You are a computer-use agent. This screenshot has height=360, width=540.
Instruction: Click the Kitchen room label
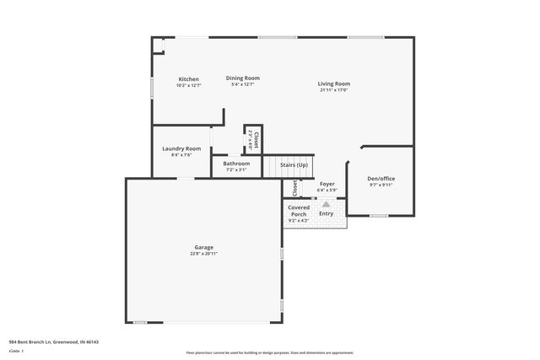[x=188, y=79]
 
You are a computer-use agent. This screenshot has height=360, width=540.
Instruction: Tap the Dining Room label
[x=242, y=78]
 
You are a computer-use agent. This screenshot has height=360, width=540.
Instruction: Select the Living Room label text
[x=334, y=83]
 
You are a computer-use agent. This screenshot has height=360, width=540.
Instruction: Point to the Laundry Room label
[x=181, y=148]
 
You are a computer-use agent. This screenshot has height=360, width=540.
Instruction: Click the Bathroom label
[x=236, y=163]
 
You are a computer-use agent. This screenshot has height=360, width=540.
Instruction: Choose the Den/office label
[x=381, y=179]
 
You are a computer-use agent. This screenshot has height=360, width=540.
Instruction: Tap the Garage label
[x=204, y=247]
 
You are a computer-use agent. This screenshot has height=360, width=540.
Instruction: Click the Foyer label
[x=327, y=184]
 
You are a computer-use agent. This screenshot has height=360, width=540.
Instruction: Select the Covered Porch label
[x=299, y=211]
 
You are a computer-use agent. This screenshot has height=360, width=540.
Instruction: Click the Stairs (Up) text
[x=293, y=165]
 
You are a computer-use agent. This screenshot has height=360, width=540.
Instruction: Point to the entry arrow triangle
[x=326, y=203]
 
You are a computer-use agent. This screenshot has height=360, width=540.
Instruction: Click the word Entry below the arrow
[x=326, y=213]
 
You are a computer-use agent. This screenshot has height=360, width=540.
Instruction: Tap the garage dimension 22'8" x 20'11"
[x=204, y=253]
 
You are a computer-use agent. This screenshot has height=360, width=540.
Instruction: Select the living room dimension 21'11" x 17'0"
[x=334, y=90]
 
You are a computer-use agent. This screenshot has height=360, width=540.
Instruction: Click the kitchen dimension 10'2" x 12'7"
[x=188, y=85]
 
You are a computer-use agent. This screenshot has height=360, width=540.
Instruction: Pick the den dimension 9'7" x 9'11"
[x=381, y=185]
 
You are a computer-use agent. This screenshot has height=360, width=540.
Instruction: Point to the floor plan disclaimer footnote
[x=269, y=352]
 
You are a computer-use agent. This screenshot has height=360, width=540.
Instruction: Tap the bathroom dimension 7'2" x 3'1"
[x=236, y=169]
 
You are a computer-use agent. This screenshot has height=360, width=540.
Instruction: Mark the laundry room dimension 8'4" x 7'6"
[x=181, y=155]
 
